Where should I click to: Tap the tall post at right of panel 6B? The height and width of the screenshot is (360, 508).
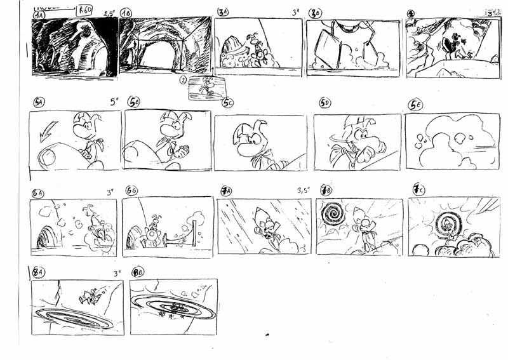pyautogui.click(x=192, y=232)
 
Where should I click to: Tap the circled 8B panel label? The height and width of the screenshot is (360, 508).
pyautogui.click(x=137, y=274)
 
